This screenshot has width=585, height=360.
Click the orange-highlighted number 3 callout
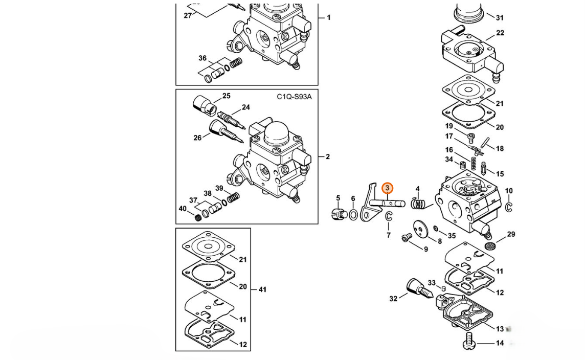(x=388, y=188)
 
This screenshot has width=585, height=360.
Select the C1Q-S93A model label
(x=294, y=97)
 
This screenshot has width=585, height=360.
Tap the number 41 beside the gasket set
(x=262, y=289)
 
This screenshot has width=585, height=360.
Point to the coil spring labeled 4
(x=419, y=204)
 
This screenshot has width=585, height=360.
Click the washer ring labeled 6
(x=353, y=215)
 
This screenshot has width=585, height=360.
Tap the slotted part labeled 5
(x=339, y=213)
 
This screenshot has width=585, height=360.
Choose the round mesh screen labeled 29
(x=489, y=246)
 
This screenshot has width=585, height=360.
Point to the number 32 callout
(x=393, y=299)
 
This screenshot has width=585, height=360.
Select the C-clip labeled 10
(x=509, y=207)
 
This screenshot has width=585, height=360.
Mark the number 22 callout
(x=500, y=33)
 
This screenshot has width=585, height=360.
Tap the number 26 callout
(x=197, y=138)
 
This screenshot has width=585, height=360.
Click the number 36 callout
(x=202, y=58)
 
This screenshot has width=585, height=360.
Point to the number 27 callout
(x=188, y=15)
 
